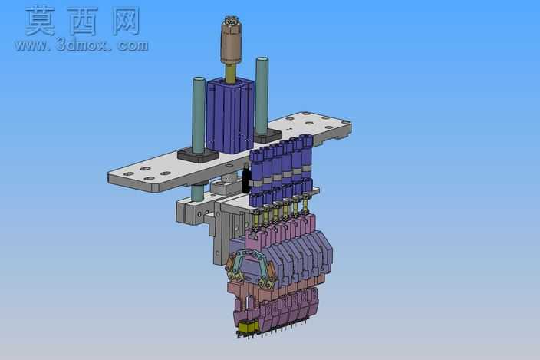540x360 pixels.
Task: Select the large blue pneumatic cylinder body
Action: point(230,115)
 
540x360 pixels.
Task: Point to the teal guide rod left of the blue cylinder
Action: point(199,115)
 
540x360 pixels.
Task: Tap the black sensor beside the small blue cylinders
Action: point(245,179)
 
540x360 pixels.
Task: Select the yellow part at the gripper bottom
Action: point(249,326)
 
